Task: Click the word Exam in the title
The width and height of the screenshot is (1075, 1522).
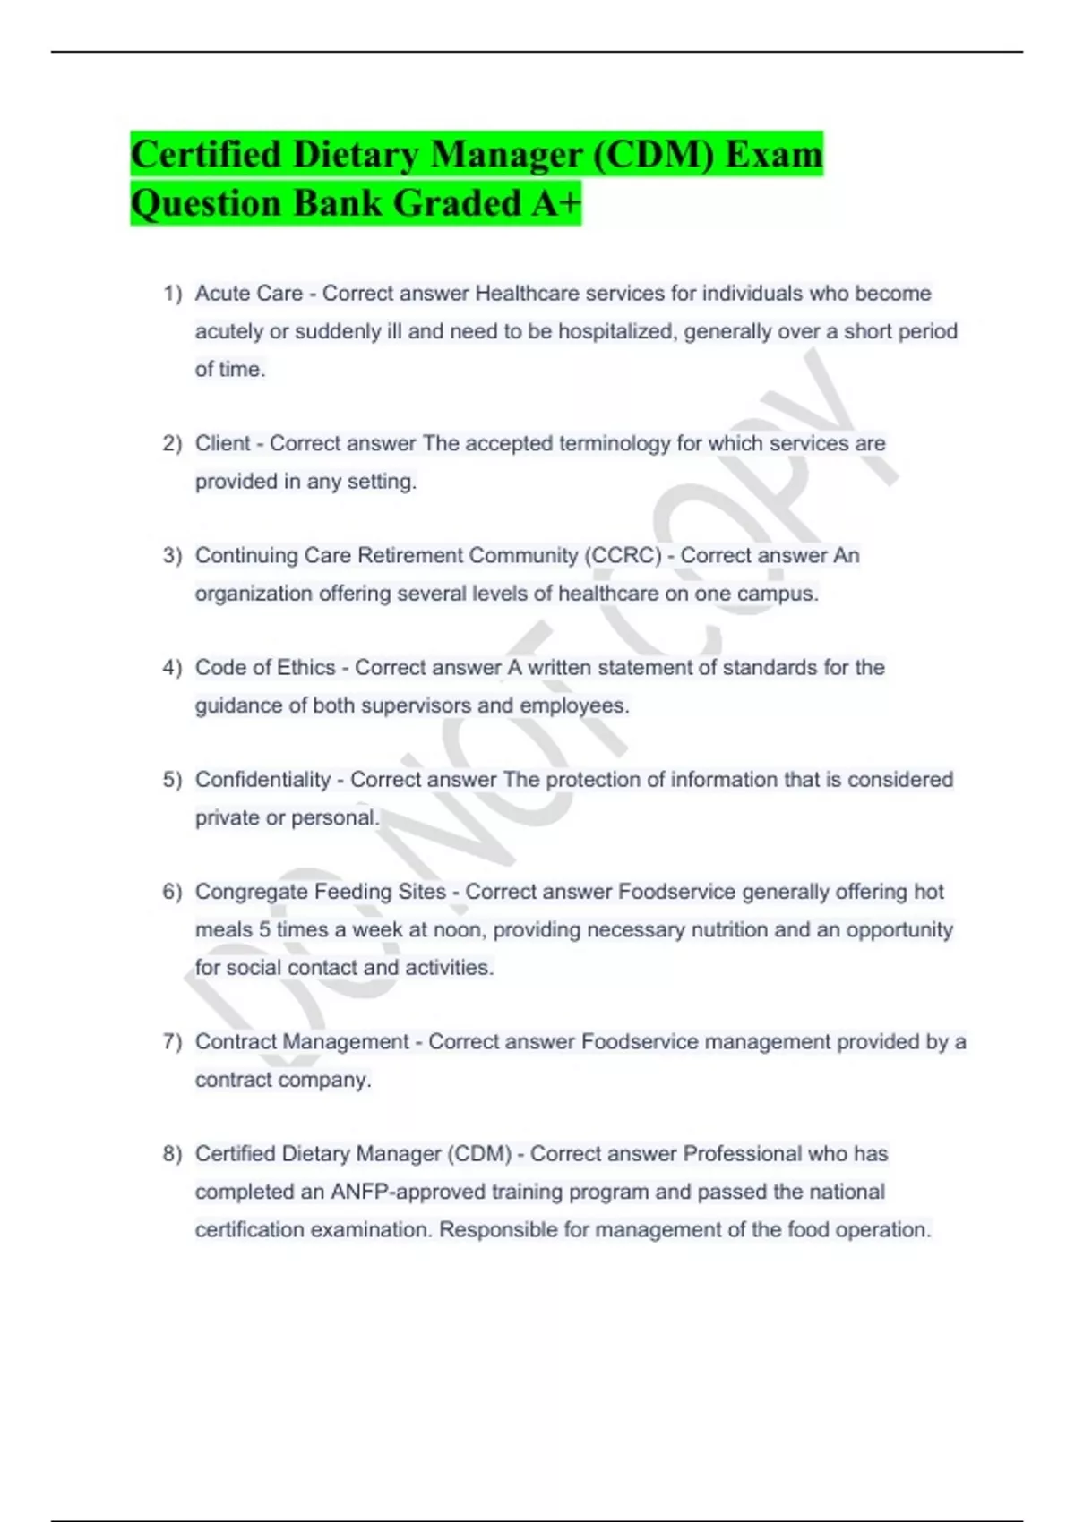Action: coord(773,155)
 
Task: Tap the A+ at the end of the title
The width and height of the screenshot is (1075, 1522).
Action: coord(555,203)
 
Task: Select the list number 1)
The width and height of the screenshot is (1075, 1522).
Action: coord(172,294)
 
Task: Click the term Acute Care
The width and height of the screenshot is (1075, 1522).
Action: coord(249,294)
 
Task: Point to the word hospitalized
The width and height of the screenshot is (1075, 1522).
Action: coord(616,331)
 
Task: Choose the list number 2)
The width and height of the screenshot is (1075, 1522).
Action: coord(172,444)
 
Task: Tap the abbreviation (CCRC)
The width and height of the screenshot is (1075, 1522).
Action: coord(623,556)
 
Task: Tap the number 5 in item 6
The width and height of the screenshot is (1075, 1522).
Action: coord(265,929)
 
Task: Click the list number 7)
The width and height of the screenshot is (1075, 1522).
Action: coord(172,1042)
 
